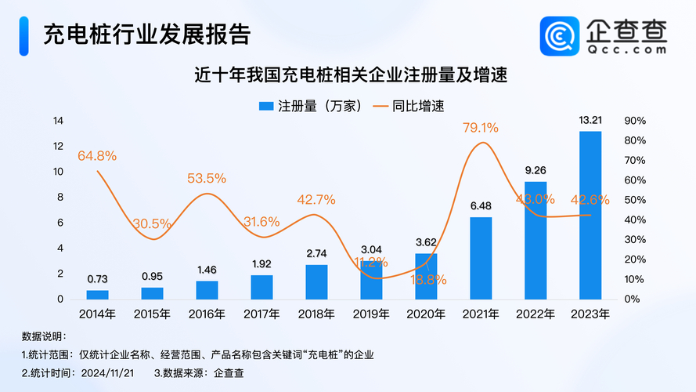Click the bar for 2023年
click(590, 216)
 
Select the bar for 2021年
click(481, 258)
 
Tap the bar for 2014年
click(98, 295)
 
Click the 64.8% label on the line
click(97, 156)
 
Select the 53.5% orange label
click(207, 179)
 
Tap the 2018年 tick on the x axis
click(316, 314)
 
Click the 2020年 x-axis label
click(426, 314)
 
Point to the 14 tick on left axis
click(58, 121)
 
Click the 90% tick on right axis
click(634, 121)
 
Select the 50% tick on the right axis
click(634, 200)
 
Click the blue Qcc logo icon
click(561, 36)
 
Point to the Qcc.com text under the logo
click(627, 49)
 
